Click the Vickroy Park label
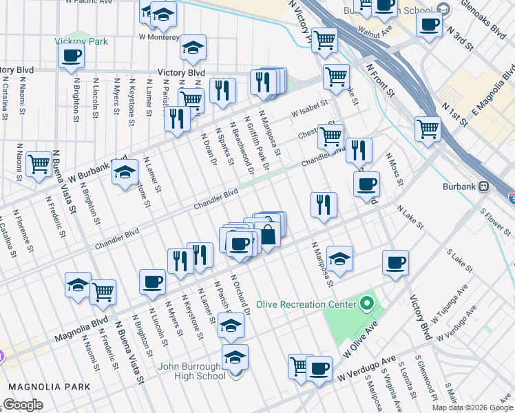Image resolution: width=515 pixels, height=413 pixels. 81,41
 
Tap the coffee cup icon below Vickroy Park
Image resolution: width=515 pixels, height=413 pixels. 71,57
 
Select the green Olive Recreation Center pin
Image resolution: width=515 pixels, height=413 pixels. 367,304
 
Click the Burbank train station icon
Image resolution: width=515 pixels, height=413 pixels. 483,186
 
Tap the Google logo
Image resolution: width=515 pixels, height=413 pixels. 22,405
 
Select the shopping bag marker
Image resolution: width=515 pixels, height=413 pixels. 268,235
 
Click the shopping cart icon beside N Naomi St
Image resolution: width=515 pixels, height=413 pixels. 39,165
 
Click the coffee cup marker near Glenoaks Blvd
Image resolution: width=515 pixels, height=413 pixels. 429,25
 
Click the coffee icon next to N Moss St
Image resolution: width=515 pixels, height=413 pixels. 366,184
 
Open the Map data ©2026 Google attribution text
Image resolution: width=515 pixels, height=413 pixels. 472,407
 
